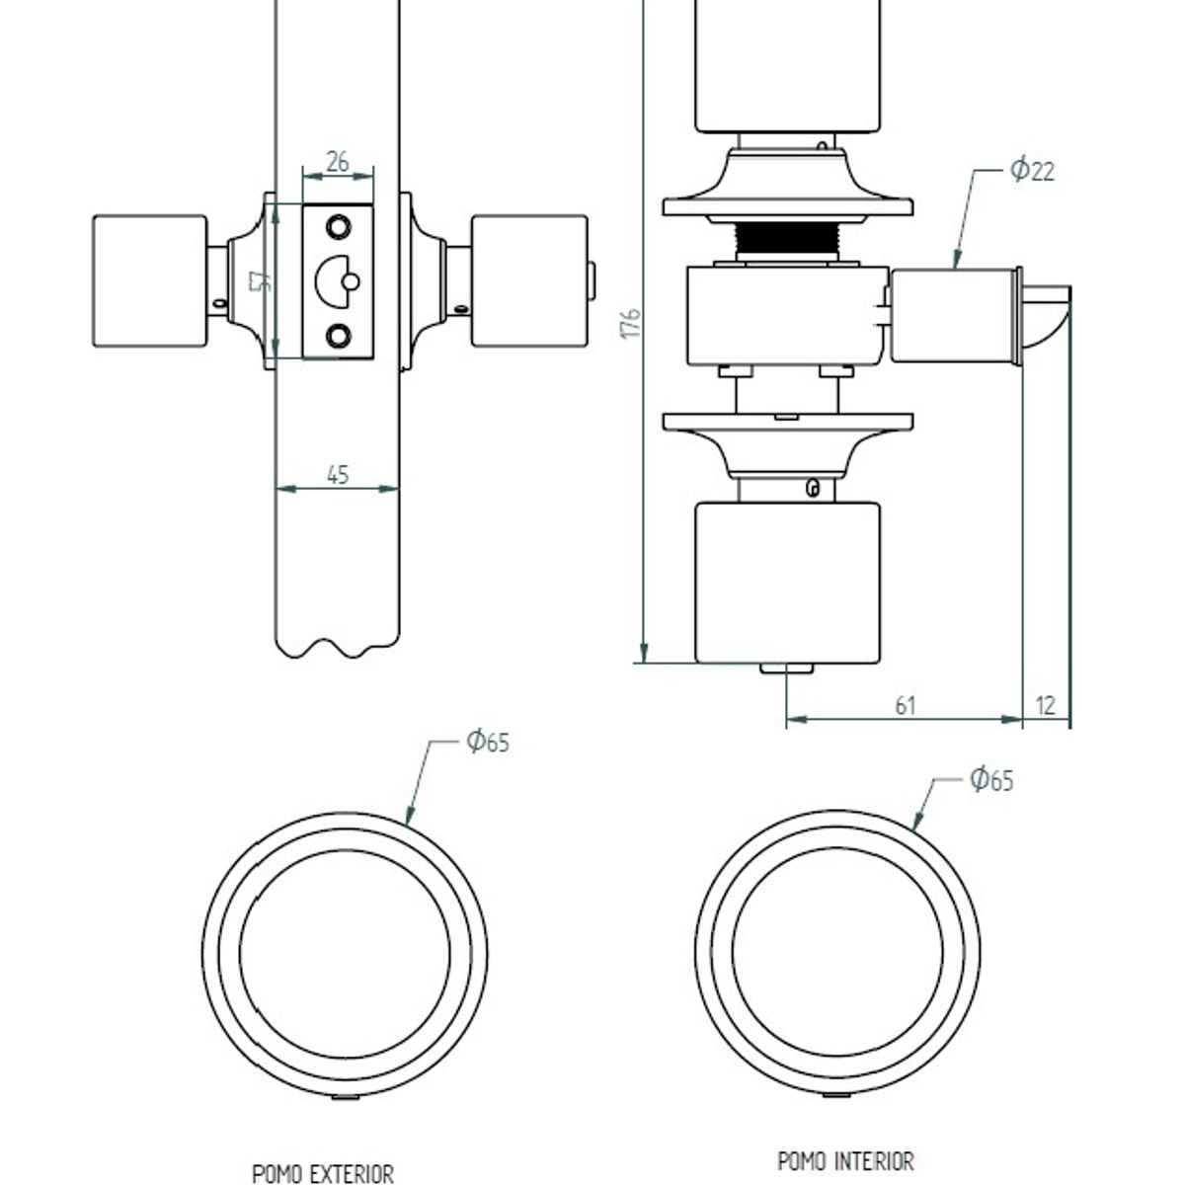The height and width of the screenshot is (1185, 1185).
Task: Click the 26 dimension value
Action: (338, 161)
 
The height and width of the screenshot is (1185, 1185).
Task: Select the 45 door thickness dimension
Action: (338, 474)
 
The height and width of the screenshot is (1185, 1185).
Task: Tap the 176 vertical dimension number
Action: (632, 324)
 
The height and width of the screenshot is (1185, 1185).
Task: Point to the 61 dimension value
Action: (906, 705)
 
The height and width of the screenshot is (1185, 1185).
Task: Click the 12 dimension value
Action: (1047, 705)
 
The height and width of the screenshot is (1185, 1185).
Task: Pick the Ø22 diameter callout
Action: (1033, 170)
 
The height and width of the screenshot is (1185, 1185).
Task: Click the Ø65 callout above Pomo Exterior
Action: (488, 742)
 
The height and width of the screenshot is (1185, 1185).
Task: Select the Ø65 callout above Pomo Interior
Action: (991, 780)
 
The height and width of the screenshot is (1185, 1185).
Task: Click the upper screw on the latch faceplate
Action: (338, 226)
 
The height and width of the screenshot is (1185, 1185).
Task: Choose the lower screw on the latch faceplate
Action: (338, 337)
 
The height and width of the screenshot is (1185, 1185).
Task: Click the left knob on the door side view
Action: (149, 281)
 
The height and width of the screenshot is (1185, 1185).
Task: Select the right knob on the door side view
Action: (528, 281)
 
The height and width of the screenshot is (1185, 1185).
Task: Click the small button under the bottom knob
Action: (786, 669)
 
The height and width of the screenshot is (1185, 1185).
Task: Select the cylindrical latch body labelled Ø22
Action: (953, 317)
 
